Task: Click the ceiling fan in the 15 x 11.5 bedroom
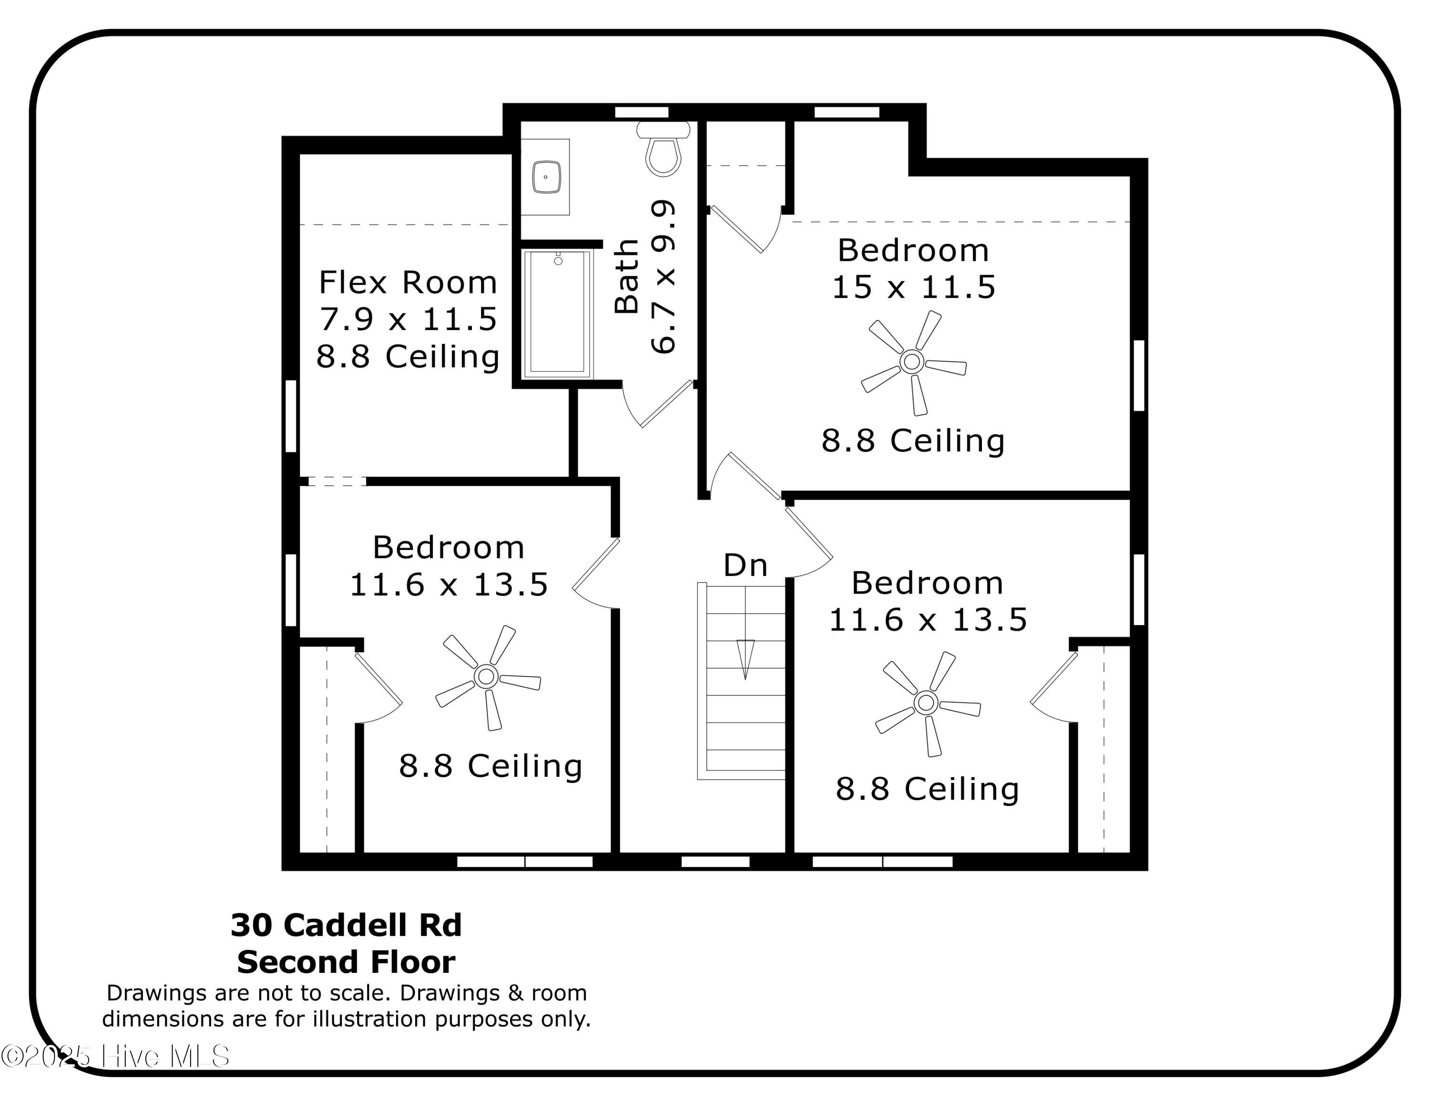pyautogui.click(x=912, y=361)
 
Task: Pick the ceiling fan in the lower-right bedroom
pyautogui.click(x=926, y=702)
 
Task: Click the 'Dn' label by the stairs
pyautogui.click(x=745, y=565)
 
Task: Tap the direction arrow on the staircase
pyautogui.click(x=745, y=658)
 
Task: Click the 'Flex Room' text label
pyautogui.click(x=408, y=283)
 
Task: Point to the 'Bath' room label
pyautogui.click(x=627, y=277)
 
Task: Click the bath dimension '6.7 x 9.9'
pyautogui.click(x=663, y=277)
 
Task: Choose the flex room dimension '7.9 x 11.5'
pyautogui.click(x=408, y=320)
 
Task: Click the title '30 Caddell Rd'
pyautogui.click(x=347, y=925)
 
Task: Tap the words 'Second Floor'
pyautogui.click(x=347, y=962)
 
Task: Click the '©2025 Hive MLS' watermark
pyautogui.click(x=116, y=1056)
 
